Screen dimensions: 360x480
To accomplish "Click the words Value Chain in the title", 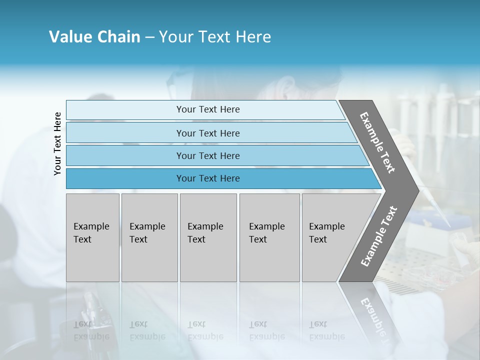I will (94, 37).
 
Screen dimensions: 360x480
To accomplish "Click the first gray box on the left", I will (92, 260).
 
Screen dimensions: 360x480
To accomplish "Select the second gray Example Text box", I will (149, 260).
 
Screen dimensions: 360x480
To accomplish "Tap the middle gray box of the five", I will (208, 260).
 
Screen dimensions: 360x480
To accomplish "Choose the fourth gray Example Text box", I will (269, 260).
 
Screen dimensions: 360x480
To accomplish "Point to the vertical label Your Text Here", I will (57, 143).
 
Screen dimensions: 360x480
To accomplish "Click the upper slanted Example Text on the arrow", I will (377, 142).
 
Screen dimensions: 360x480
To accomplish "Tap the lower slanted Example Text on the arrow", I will (379, 236).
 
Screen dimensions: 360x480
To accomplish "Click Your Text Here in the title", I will (215, 37).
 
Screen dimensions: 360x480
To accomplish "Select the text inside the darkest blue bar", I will (208, 178).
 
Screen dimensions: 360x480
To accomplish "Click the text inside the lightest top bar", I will (208, 109).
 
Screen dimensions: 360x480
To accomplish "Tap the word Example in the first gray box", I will (91, 226).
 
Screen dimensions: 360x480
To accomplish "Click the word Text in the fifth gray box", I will (318, 239).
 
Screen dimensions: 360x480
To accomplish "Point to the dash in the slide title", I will (149, 37).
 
